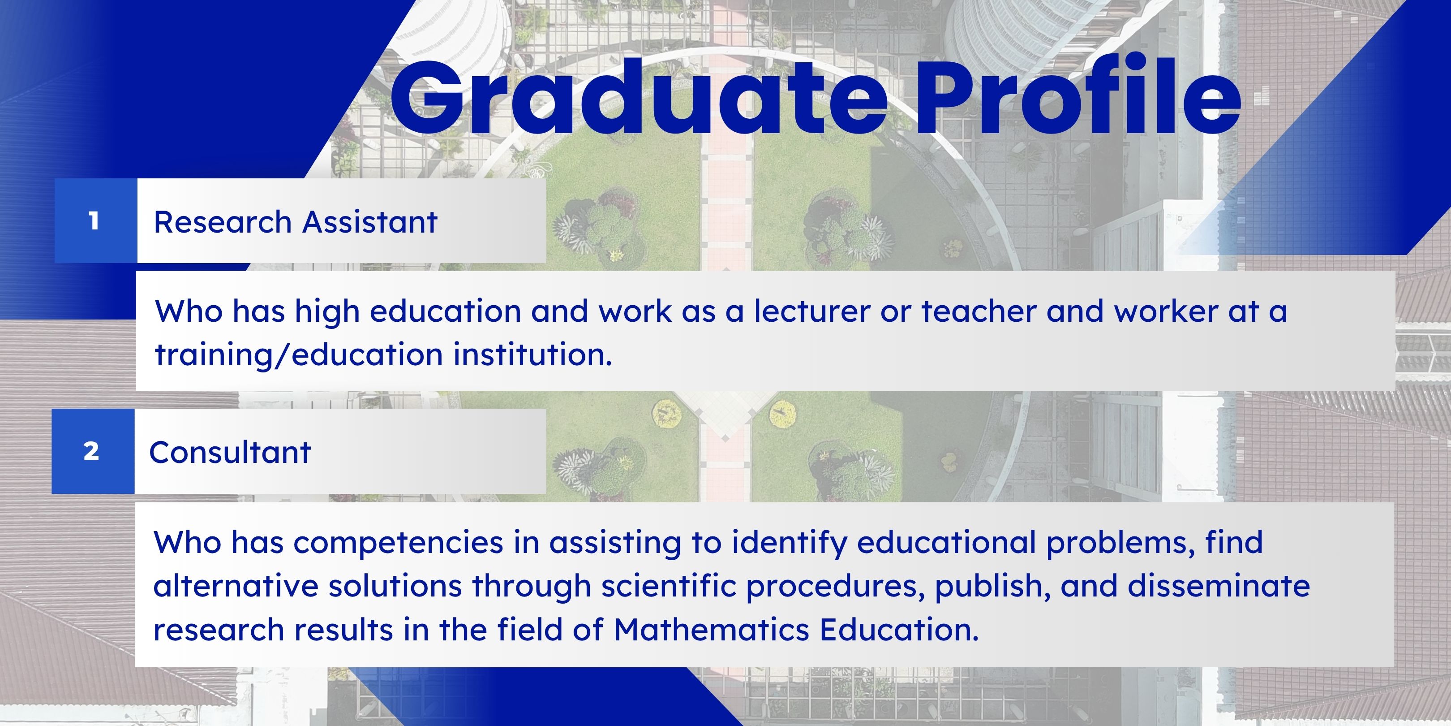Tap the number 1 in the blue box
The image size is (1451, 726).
click(x=94, y=220)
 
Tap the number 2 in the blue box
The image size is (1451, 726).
click(x=91, y=451)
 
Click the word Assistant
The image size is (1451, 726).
click(x=370, y=221)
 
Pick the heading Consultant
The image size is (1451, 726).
click(x=230, y=452)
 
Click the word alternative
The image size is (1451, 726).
click(x=236, y=586)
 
